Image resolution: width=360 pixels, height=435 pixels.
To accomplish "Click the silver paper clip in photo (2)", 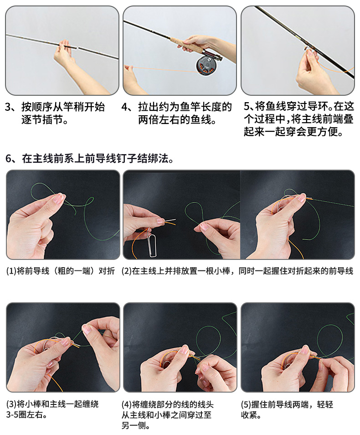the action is [151, 242].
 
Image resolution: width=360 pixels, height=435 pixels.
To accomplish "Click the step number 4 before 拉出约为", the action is [125, 107].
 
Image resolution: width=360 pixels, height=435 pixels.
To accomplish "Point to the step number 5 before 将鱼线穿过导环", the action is [247, 106].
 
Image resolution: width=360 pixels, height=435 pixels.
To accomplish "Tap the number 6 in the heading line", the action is [9, 159].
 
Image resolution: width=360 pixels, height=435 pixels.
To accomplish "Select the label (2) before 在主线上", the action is [127, 271].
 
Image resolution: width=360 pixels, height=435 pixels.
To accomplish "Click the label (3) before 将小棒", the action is [11, 404].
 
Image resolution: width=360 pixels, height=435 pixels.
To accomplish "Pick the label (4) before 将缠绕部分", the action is [127, 404].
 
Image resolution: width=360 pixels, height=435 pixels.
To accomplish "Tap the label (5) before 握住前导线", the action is [246, 404].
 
